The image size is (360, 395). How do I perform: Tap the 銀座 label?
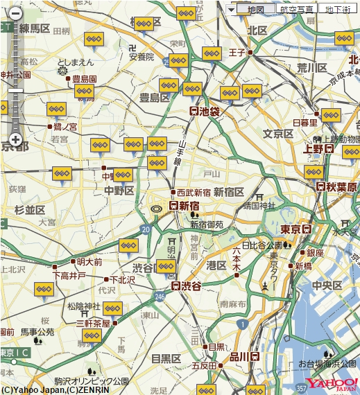tap(315, 253)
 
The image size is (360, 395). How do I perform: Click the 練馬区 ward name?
tap(34, 28)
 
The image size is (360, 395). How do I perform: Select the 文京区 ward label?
tap(278, 133)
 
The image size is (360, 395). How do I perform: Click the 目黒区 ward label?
tap(166, 358)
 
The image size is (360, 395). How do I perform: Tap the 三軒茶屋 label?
tap(94, 323)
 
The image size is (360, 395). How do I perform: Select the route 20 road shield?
tap(145, 229)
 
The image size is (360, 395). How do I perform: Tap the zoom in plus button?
tap(15, 139)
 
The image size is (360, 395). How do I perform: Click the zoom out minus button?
tap(15, 12)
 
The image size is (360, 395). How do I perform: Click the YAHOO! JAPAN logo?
tap(332, 385)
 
